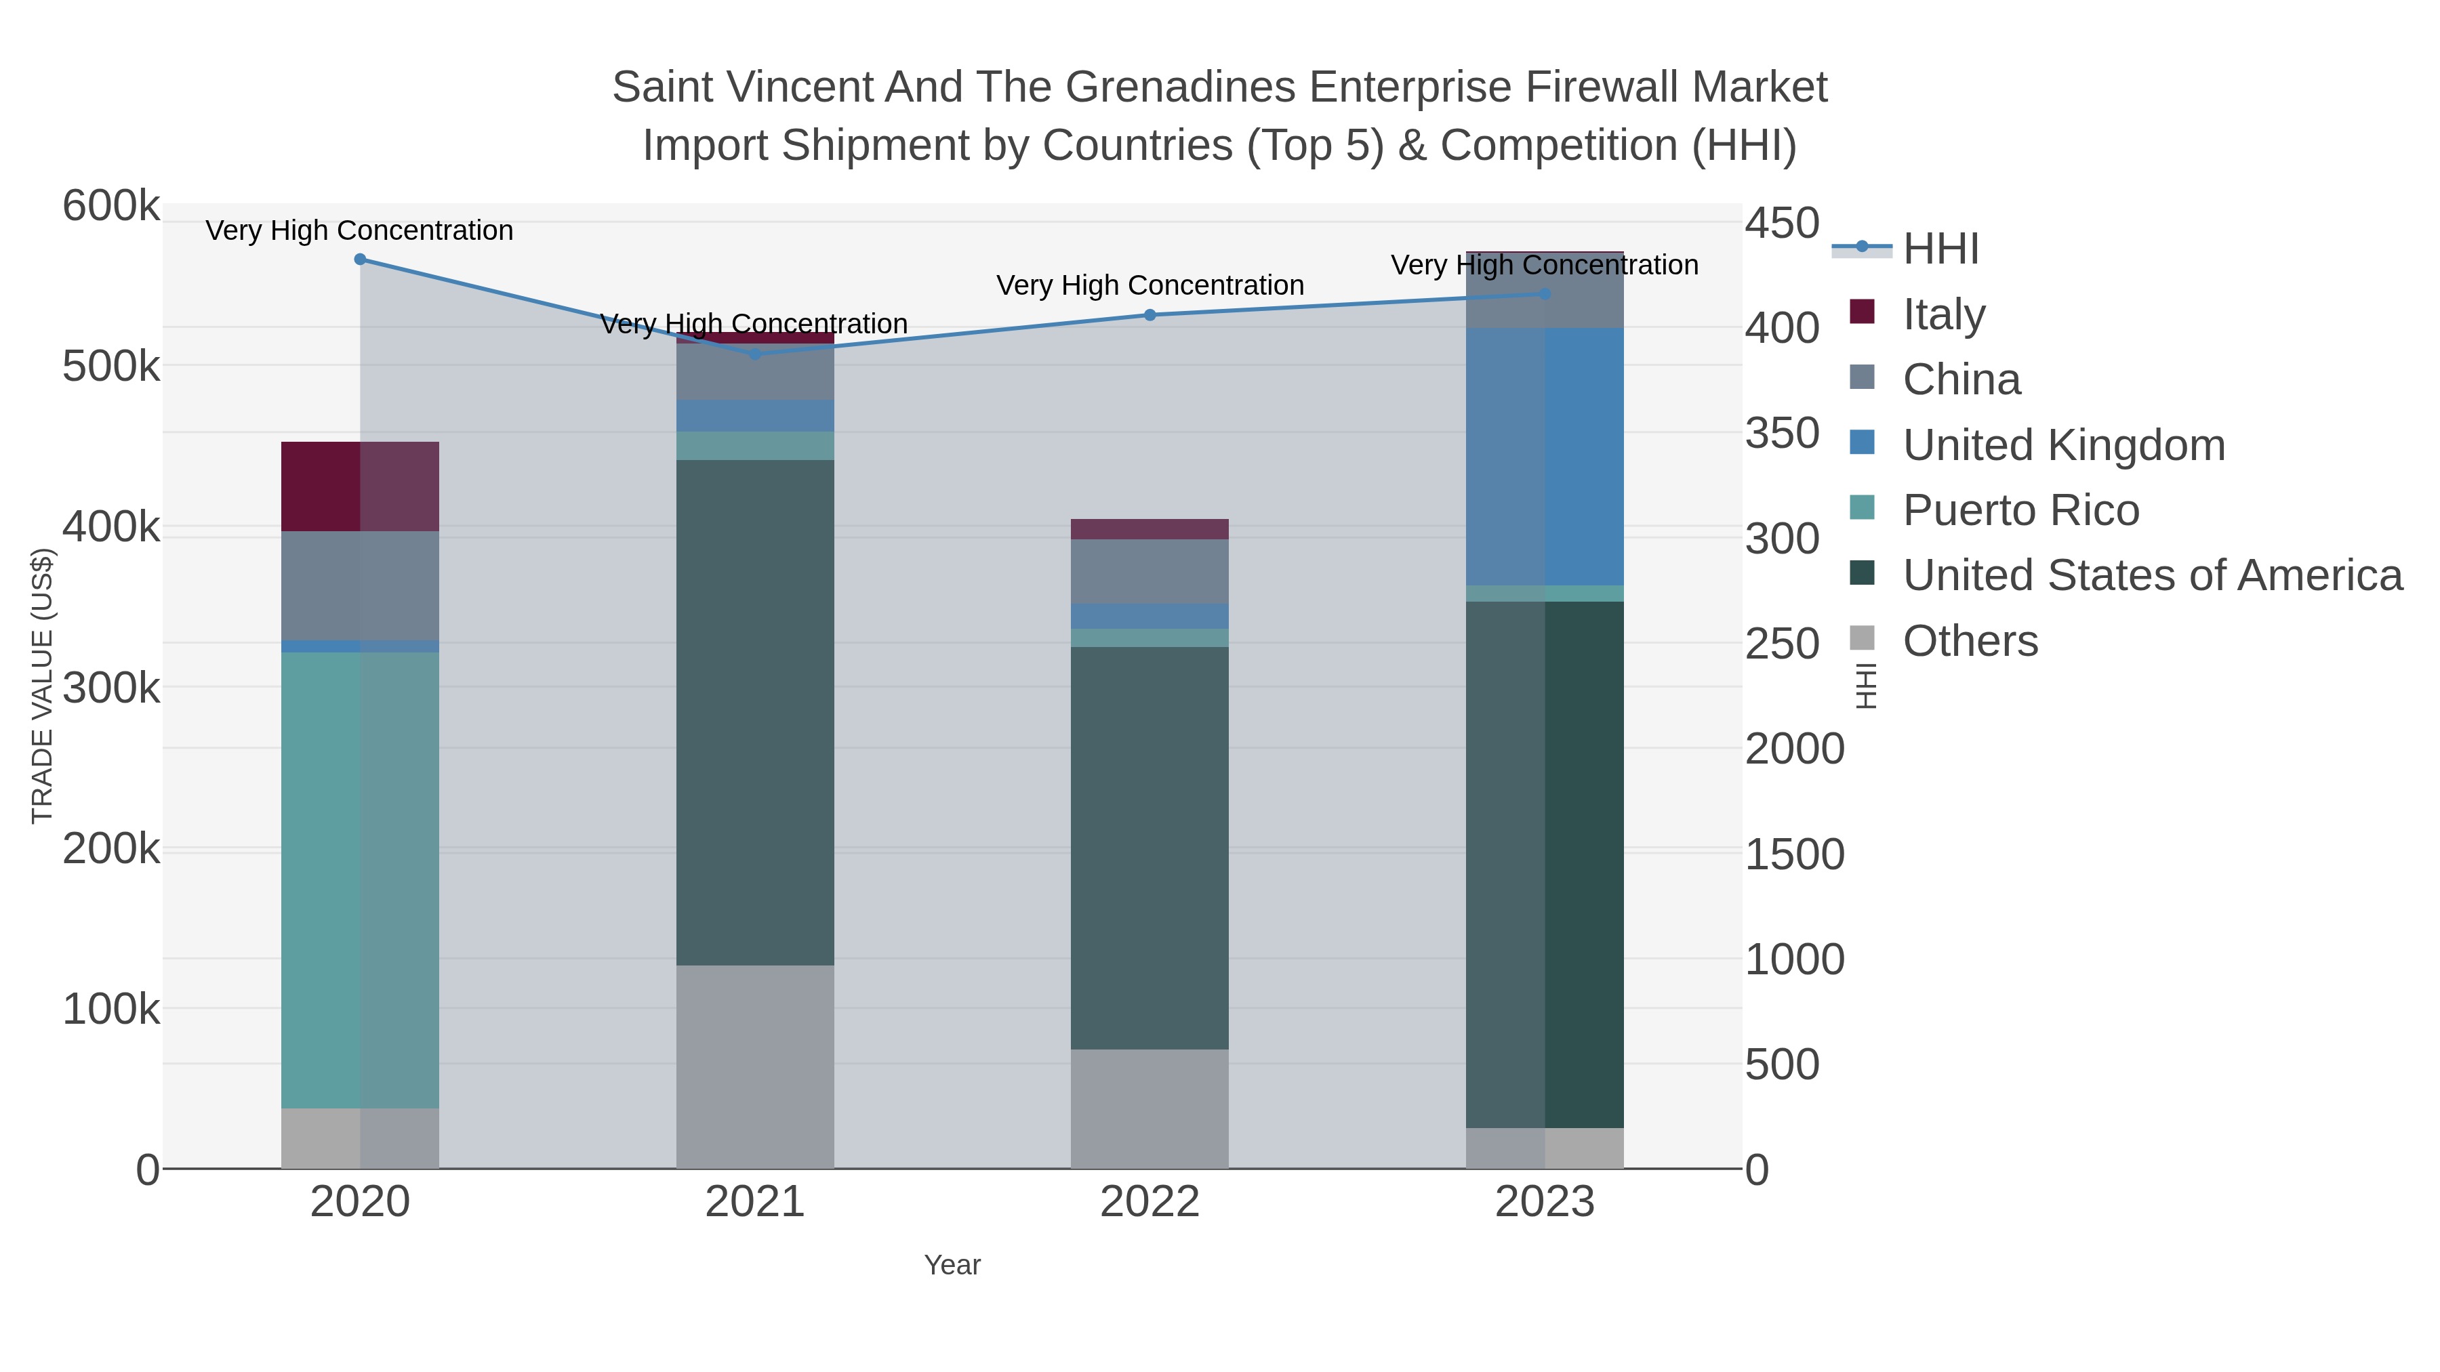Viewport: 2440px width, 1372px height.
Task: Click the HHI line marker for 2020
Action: pyautogui.click(x=360, y=259)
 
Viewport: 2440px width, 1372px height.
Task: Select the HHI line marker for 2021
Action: pyautogui.click(x=755, y=354)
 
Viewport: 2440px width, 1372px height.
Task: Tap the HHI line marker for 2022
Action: pyautogui.click(x=1150, y=315)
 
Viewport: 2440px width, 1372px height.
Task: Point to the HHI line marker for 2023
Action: pyautogui.click(x=1545, y=295)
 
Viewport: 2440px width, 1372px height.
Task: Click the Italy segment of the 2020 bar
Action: pyautogui.click(x=360, y=486)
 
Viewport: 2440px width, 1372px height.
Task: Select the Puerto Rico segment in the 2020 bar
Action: pyautogui.click(x=360, y=881)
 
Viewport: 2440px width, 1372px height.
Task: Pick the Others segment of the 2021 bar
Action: pyautogui.click(x=755, y=1067)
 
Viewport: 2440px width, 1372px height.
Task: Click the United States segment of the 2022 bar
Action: pyautogui.click(x=1150, y=848)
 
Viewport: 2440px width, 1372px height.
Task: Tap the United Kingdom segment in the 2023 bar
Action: pyautogui.click(x=1545, y=457)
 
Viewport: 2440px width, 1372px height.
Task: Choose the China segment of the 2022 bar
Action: pyautogui.click(x=1150, y=571)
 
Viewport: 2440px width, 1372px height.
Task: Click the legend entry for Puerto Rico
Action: pyautogui.click(x=2020, y=510)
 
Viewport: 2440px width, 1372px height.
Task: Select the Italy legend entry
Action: pyautogui.click(x=1944, y=314)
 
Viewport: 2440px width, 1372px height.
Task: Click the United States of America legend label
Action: pyautogui.click(x=2152, y=576)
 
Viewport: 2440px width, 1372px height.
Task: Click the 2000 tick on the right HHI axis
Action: pyautogui.click(x=1794, y=749)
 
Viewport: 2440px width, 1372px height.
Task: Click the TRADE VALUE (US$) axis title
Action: pyautogui.click(x=43, y=686)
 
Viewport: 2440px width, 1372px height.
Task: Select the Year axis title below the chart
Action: pyautogui.click(x=952, y=1265)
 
